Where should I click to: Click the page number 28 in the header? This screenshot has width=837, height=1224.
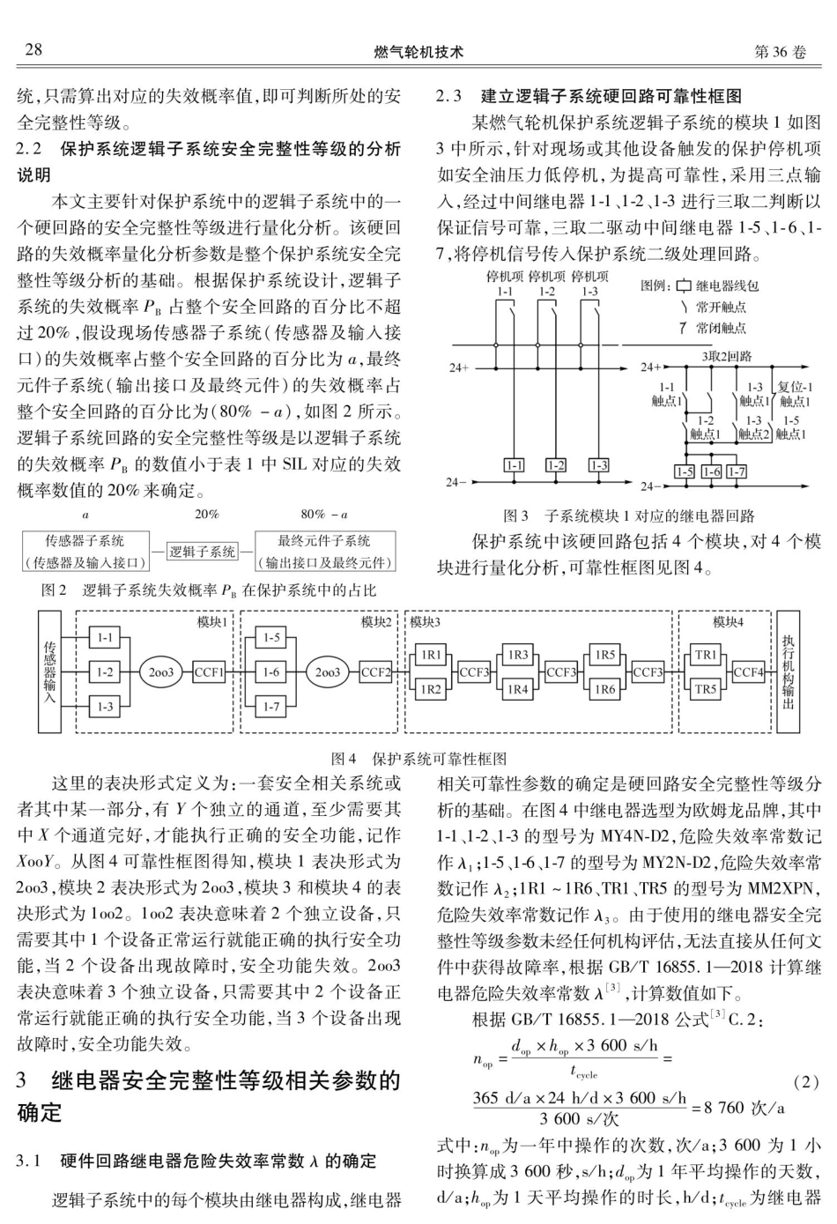click(x=33, y=50)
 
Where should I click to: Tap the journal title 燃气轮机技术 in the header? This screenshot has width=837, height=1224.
click(x=418, y=52)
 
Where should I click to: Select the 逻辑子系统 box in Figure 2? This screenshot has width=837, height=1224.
click(x=202, y=552)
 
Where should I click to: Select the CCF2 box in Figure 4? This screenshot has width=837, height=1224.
click(x=376, y=671)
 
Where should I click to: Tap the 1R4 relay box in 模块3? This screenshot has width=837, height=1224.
click(x=517, y=689)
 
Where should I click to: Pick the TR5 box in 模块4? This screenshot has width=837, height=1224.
click(x=706, y=689)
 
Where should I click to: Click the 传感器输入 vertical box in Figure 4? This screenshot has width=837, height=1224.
click(x=48, y=671)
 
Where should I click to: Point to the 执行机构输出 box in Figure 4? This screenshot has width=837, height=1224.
click(x=788, y=671)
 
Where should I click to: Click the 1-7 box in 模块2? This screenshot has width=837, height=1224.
click(x=271, y=706)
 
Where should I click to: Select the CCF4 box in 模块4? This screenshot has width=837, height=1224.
click(x=748, y=672)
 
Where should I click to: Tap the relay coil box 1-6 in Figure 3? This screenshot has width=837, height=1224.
click(x=711, y=471)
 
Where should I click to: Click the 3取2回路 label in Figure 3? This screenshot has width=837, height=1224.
click(x=727, y=357)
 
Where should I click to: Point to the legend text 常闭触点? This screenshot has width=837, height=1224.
click(x=720, y=328)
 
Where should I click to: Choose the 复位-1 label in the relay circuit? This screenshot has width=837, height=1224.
click(x=794, y=386)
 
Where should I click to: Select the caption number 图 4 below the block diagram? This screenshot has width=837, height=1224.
click(x=343, y=758)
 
